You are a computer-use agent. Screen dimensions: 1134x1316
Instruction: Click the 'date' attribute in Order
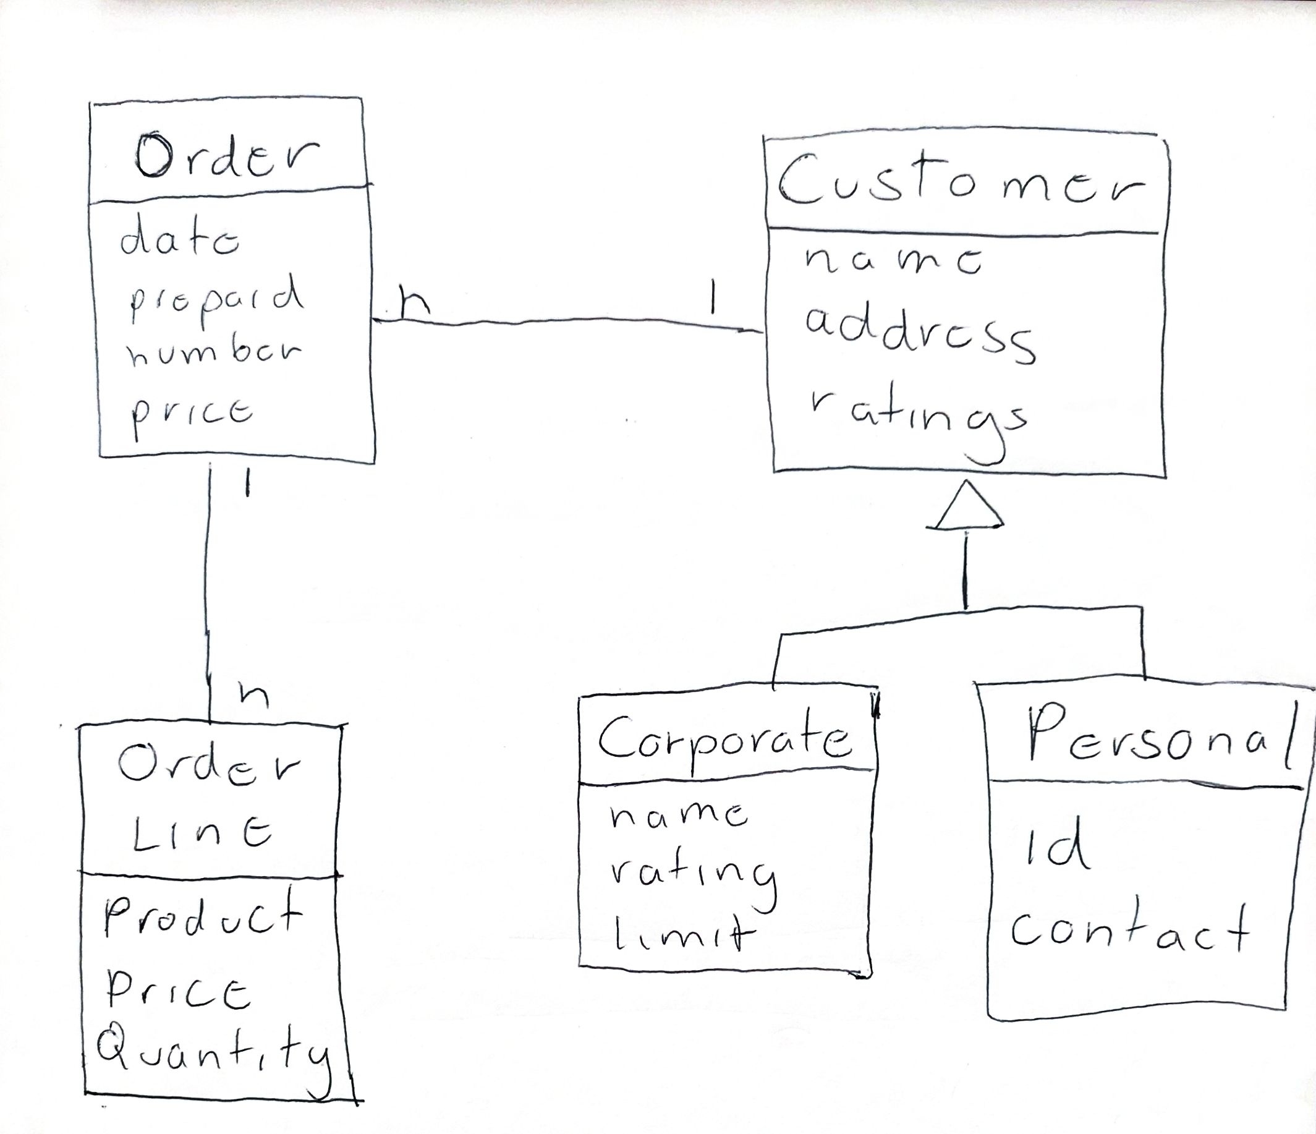click(x=180, y=241)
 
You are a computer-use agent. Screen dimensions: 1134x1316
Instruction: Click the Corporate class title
click(x=724, y=740)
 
